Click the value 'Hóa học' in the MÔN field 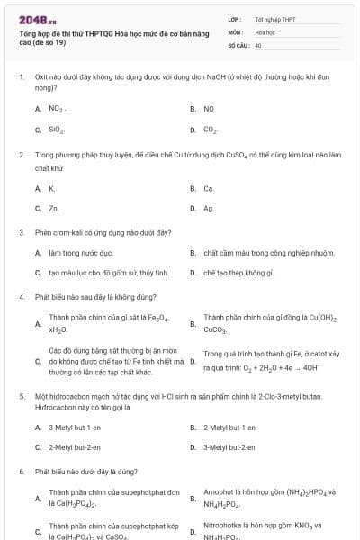pyautogui.click(x=265, y=31)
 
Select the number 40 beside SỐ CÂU pyautogui.click(x=258, y=44)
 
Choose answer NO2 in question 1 pyautogui.click(x=57, y=109)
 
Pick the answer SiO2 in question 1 pyautogui.click(x=57, y=130)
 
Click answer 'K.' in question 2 pyautogui.click(x=52, y=188)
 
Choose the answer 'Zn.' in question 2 pyautogui.click(x=54, y=208)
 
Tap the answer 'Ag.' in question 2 pyautogui.click(x=209, y=208)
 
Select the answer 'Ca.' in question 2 pyautogui.click(x=209, y=188)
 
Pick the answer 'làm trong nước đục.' pyautogui.click(x=81, y=253)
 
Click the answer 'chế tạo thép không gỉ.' pyautogui.click(x=238, y=272)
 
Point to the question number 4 pyautogui.click(x=22, y=296)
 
